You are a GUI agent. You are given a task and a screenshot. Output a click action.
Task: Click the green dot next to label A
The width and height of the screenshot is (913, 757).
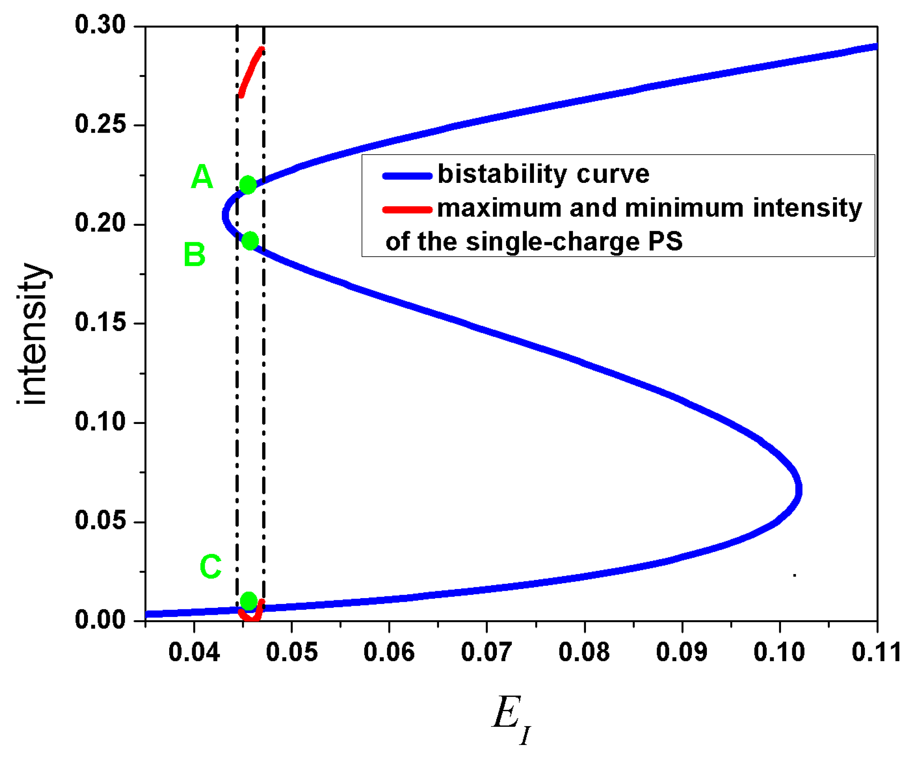248,185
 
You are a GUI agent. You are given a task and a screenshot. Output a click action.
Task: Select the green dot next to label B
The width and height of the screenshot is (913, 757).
250,241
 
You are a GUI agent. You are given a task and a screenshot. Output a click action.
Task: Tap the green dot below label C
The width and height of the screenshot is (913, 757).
249,601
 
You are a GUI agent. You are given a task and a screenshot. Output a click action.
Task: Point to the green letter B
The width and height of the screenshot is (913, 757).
194,255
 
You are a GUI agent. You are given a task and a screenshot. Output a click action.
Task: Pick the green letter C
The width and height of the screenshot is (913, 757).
210,567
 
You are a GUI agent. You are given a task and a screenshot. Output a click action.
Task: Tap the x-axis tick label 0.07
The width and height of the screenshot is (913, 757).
486,652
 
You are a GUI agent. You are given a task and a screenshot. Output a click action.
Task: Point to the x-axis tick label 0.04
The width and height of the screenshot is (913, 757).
194,652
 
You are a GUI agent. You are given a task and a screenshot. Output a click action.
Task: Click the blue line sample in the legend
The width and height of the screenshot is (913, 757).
407,176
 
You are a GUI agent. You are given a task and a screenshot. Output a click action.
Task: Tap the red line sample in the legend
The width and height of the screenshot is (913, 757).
407,210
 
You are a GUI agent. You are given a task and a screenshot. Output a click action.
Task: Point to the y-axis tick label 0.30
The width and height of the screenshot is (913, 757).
100,25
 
